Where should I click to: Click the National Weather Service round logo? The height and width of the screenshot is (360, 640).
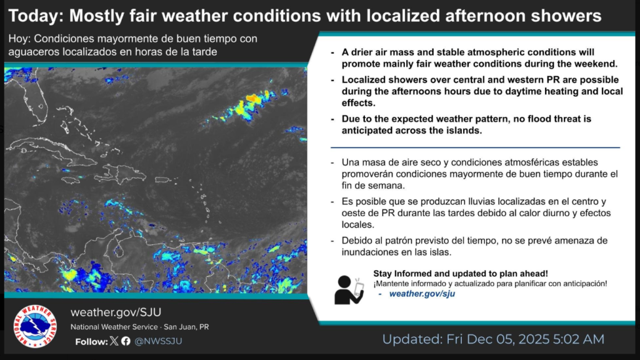pos(35,326)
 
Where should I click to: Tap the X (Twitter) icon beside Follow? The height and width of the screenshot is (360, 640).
pos(114,341)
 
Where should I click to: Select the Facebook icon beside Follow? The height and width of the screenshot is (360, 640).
pos(126,341)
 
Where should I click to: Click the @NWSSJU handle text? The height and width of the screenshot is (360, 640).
pos(158,341)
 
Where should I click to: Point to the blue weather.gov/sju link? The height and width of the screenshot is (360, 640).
pos(422,294)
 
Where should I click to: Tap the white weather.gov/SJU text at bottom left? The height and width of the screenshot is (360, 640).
pos(116,312)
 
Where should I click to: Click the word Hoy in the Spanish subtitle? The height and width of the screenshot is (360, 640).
pos(19,39)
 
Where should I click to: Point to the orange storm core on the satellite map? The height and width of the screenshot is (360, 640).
pos(253,98)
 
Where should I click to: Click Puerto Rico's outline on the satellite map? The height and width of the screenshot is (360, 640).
pos(162,179)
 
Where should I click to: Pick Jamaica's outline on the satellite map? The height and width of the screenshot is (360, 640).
pos(71,179)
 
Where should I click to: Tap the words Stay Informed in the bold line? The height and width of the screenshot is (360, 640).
pos(404,274)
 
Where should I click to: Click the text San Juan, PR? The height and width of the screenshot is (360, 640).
pos(186,327)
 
